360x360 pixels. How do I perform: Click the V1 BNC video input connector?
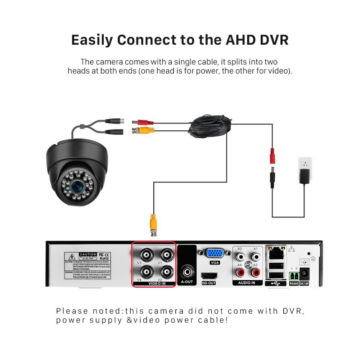(166, 255)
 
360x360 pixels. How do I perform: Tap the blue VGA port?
(215, 253)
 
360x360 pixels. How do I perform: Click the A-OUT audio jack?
(187, 270)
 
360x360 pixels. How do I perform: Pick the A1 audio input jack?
(256, 257)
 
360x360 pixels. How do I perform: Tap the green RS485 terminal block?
(294, 276)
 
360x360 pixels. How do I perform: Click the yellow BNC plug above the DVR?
(153, 224)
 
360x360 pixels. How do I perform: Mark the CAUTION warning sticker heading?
(88, 254)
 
